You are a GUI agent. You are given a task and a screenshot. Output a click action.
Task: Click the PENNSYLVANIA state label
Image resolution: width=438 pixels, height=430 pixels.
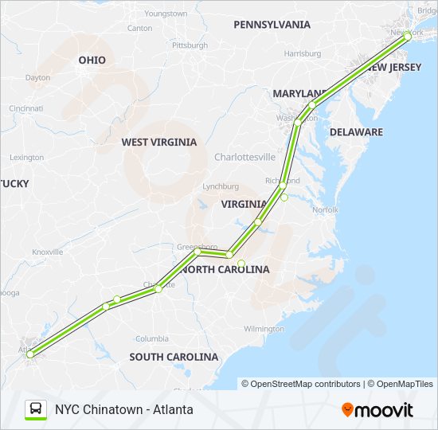272,25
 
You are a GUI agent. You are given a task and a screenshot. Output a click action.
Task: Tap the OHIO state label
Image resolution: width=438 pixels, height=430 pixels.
92,61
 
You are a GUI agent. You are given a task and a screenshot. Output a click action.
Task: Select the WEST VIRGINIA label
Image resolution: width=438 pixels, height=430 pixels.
158,143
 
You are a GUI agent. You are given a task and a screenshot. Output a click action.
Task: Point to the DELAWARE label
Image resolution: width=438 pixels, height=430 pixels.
356,132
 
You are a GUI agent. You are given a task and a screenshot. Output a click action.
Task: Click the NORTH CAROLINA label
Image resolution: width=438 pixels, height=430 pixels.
225,270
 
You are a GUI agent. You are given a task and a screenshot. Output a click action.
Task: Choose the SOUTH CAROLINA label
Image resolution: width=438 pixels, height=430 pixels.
174,357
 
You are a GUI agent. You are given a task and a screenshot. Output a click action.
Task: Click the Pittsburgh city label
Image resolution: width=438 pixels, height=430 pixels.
190,45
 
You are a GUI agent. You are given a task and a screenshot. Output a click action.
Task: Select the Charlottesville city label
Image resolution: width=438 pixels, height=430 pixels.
244,158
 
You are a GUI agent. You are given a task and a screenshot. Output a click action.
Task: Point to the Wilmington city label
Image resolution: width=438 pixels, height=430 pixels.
264,329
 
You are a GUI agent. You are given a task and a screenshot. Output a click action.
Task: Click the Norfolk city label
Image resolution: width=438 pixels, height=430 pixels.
325,210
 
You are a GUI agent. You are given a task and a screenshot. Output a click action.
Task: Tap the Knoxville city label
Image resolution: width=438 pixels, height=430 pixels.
47,252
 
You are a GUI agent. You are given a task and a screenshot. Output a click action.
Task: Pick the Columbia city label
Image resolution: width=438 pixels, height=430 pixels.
151,338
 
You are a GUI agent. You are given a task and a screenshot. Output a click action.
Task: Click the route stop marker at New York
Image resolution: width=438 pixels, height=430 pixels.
408,35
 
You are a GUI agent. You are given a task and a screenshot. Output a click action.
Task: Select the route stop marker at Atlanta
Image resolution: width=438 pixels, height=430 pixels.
29,354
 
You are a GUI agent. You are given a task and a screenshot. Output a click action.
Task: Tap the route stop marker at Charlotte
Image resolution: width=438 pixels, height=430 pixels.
158,288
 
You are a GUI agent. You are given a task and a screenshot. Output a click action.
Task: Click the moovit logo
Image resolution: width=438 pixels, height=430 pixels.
377,410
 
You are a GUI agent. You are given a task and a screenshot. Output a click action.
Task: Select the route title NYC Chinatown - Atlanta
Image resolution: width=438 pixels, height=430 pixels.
123,410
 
